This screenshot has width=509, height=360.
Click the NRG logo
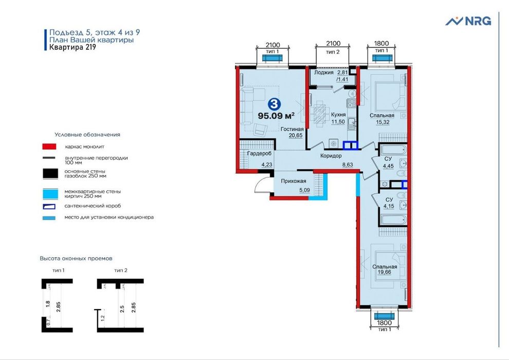tap(468, 21)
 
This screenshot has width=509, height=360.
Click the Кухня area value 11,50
tap(338, 122)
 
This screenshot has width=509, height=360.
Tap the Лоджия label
tap(324, 73)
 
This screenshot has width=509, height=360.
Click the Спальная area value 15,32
tap(381, 123)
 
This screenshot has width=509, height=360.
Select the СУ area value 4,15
tap(389, 207)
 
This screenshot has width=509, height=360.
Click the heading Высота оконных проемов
tap(76, 258)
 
